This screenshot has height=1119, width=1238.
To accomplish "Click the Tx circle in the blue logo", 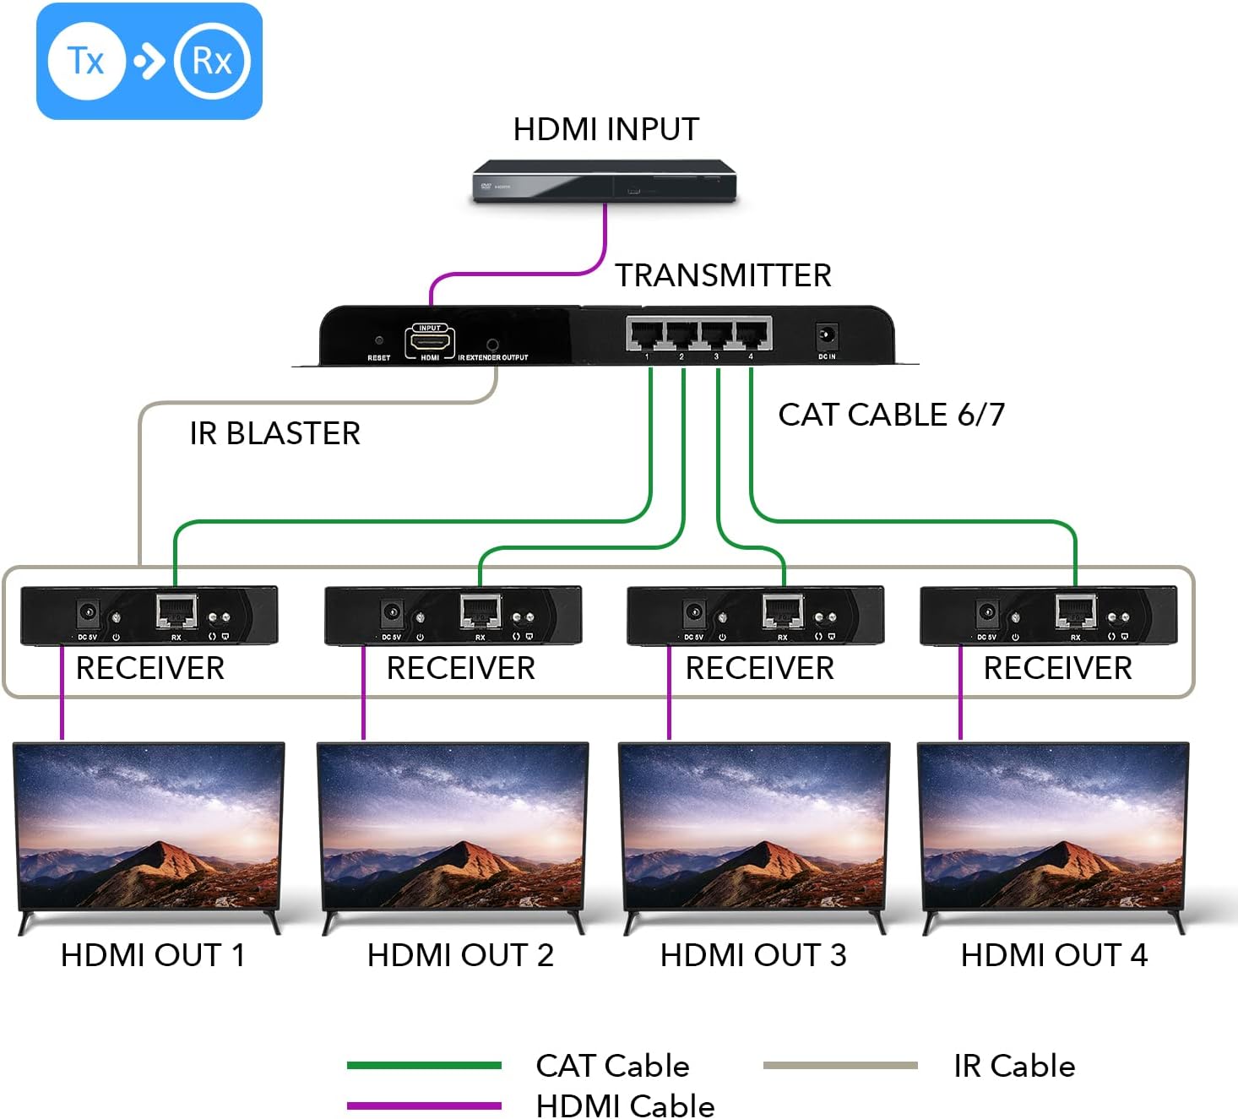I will click(x=86, y=61).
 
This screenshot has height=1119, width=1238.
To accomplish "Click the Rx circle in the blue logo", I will click(x=212, y=61).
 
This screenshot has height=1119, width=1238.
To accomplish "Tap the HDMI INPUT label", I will click(x=605, y=129).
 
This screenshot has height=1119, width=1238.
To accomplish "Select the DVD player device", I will click(x=604, y=181).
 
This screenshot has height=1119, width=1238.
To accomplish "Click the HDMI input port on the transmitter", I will click(x=430, y=341).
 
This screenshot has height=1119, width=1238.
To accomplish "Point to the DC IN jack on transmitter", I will click(x=826, y=336).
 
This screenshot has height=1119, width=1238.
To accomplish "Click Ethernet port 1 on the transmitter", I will click(x=646, y=334).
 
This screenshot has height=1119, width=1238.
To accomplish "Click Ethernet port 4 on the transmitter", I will click(x=752, y=334).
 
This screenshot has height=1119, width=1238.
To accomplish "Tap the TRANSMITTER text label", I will click(x=723, y=275).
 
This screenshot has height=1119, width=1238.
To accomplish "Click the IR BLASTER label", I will click(x=274, y=433).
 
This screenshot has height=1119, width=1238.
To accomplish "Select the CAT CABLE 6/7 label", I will click(x=891, y=415).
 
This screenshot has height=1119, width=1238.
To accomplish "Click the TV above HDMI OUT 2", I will click(x=453, y=828).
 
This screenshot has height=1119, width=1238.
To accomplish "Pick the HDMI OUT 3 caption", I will click(x=752, y=955).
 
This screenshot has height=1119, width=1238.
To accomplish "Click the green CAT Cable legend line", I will click(x=424, y=1066).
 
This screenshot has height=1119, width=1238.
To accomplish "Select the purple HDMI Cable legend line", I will click(x=424, y=1105).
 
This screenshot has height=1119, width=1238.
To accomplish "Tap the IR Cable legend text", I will click(x=1013, y=1066).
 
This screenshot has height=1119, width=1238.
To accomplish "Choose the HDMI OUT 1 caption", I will click(x=153, y=955).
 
